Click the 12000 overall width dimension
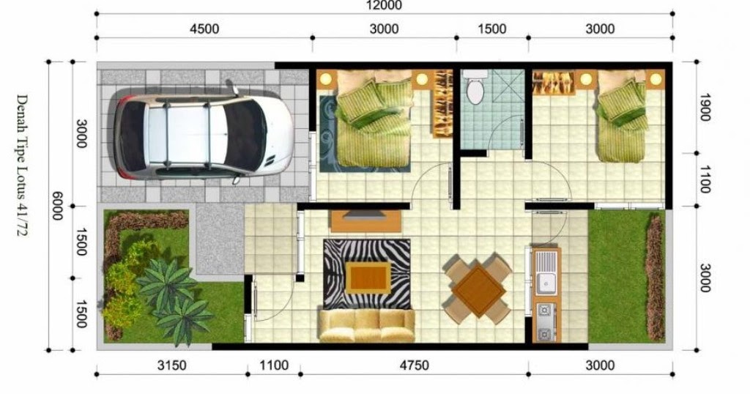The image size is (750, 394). (x=384, y=5)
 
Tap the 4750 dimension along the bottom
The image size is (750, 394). (x=415, y=365)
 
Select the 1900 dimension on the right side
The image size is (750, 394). (x=703, y=107)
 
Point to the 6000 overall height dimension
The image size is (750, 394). (x=57, y=206)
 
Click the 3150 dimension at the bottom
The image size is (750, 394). (x=171, y=365)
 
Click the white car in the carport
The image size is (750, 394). (x=204, y=135)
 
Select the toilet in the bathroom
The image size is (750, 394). (x=475, y=87)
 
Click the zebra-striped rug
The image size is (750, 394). (x=367, y=273)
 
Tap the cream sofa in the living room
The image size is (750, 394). (x=367, y=325)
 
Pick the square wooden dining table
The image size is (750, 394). (x=479, y=290)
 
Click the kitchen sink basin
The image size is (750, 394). (x=545, y=283)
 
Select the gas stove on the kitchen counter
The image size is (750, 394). (x=545, y=321)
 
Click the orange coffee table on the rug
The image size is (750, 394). (x=368, y=278)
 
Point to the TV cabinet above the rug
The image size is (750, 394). (x=366, y=221)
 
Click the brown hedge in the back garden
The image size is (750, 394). (x=656, y=278)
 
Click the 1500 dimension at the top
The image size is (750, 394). (x=492, y=29)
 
